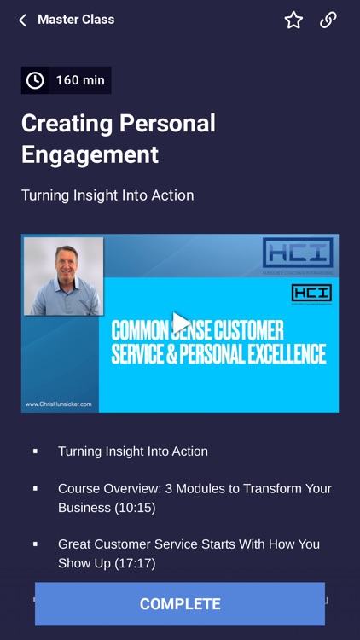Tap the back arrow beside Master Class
(22, 20)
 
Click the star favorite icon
(293, 20)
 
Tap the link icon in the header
(328, 20)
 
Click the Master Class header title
(76, 20)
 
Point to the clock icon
(35, 80)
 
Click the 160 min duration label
(80, 80)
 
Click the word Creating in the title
(67, 123)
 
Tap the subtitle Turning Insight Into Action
(107, 195)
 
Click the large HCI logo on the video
(298, 254)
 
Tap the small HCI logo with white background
(311, 294)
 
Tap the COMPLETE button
(180, 604)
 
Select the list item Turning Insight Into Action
(133, 451)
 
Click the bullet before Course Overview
(35, 489)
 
